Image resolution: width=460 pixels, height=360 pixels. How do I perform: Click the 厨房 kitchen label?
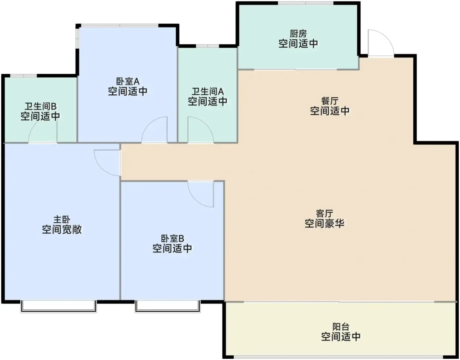(298, 34)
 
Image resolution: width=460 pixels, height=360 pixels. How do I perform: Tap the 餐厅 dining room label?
(330, 101)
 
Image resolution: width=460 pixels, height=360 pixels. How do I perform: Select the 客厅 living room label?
(325, 213)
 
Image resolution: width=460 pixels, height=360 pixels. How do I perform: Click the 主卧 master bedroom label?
(61, 220)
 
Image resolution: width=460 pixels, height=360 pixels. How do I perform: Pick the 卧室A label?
(127, 81)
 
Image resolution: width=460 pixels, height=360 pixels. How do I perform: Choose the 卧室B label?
(172, 238)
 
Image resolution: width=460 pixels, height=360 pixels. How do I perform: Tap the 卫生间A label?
(208, 91)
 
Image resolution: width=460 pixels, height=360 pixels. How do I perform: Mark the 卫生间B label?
(40, 106)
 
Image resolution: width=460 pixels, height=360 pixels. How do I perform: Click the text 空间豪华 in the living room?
(325, 224)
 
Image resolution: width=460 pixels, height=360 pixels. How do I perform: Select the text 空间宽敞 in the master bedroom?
(61, 229)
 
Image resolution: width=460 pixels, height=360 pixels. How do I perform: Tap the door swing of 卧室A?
(154, 130)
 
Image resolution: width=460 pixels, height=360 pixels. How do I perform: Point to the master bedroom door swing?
(107, 163)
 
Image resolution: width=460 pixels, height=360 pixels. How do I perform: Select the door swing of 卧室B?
(201, 194)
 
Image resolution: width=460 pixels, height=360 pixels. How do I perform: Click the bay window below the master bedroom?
(58, 306)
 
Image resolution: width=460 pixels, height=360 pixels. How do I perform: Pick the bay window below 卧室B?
(168, 306)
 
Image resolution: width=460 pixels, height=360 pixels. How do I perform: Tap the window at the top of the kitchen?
(306, 3)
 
